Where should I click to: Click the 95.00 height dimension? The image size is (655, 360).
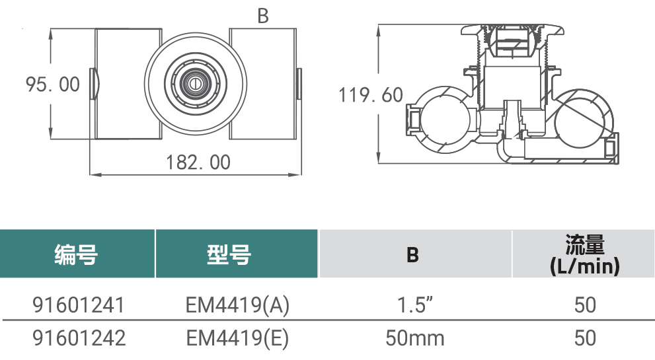coord(53,85)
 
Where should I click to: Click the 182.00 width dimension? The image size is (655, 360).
coord(198,162)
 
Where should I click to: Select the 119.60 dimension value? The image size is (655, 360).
coord(371,95)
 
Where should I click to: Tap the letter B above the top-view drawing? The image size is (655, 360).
coord(263,16)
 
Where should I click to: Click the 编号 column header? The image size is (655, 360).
coord(76,254)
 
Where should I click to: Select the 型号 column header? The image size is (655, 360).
coord(229,254)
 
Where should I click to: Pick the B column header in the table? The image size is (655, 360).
coord(412,254)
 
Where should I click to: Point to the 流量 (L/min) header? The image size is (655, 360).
coord(585,255)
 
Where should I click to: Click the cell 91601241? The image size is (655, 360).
coord(79,305)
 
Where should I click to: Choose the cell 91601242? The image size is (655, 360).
coord(79,338)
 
